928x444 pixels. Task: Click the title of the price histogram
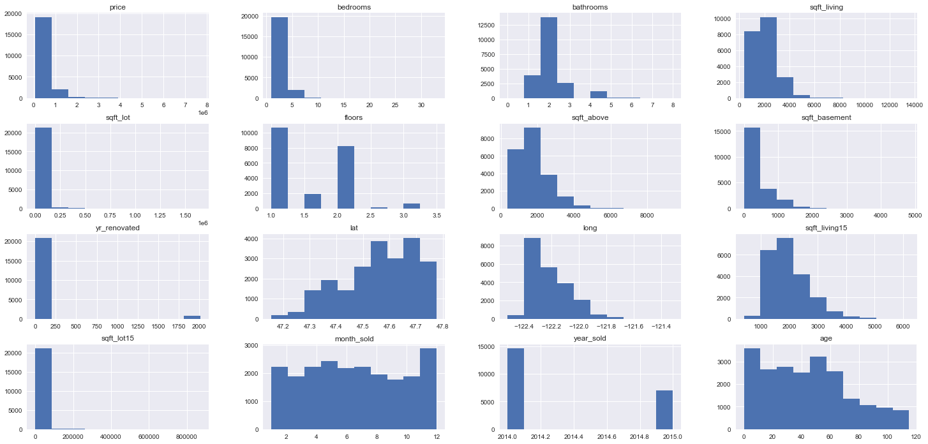click(x=117, y=7)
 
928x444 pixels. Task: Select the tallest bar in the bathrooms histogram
click(x=548, y=57)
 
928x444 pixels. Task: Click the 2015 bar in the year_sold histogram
click(x=664, y=410)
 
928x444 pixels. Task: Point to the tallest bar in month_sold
click(x=428, y=389)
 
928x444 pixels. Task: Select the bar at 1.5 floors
click(x=313, y=202)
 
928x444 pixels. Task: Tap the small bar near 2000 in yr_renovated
click(x=192, y=317)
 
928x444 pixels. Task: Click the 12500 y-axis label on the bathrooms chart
click(x=486, y=26)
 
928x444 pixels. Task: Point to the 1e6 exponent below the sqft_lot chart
click(x=202, y=223)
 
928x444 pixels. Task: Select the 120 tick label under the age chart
click(x=916, y=436)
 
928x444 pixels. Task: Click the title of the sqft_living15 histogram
click(x=826, y=228)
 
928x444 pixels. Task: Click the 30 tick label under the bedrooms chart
click(x=421, y=105)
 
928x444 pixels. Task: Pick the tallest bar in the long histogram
click(x=532, y=279)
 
